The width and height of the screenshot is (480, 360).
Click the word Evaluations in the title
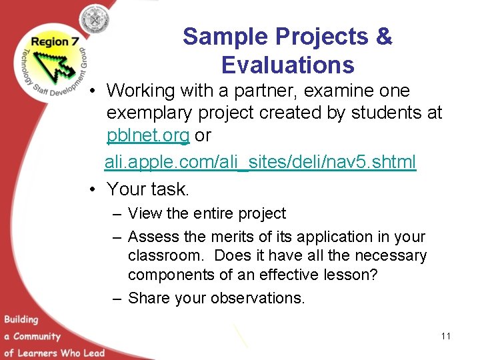coord(287,65)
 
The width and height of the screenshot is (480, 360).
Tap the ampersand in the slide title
coord(383,37)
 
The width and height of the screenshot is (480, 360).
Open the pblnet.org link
coord(148,135)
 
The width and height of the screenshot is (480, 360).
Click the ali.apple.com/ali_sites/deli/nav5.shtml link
coord(260,162)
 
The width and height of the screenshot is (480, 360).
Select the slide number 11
coord(445,336)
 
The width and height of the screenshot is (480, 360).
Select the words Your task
coord(148,189)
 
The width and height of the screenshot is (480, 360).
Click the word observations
coord(257,298)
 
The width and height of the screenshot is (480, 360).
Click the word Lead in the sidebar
coord(93,352)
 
